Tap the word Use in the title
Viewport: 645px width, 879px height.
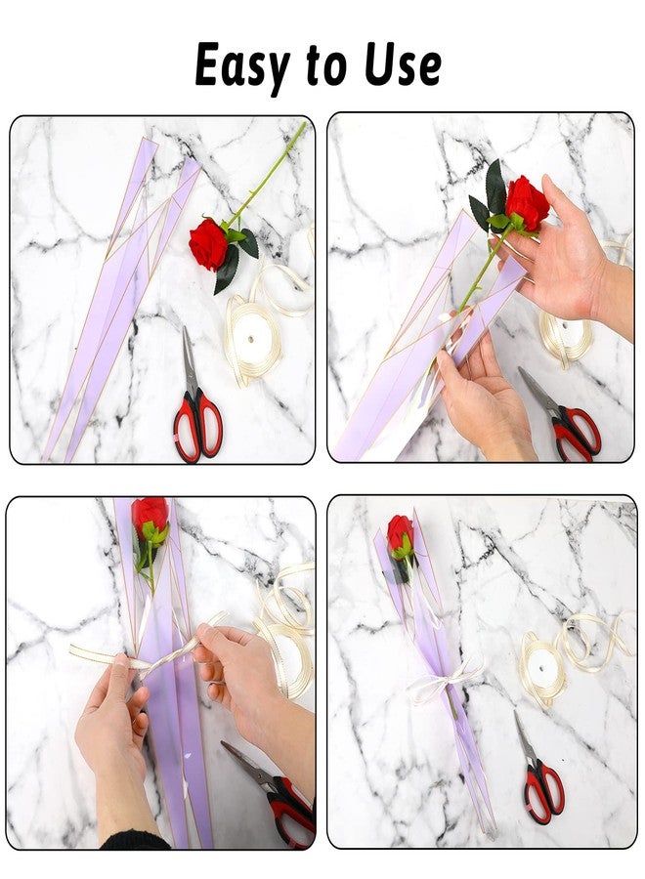pos(402,64)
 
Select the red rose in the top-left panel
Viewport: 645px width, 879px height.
pos(208,244)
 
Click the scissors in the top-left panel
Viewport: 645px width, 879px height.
pos(196,403)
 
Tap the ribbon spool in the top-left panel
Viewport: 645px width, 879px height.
pos(253,339)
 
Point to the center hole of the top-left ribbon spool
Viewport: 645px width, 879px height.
pos(250,340)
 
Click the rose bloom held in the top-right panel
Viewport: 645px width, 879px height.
pos(527,203)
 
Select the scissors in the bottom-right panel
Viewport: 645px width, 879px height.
pos(537,774)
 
